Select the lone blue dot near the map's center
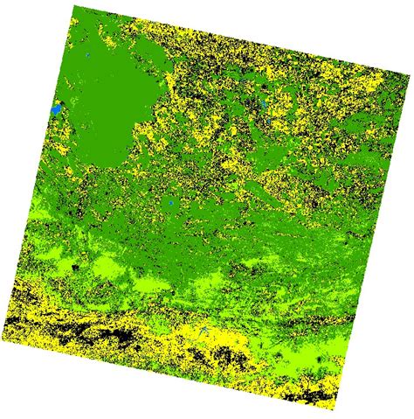click(171, 206)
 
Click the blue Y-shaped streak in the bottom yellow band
click(202, 338)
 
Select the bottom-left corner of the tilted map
click(6, 343)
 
